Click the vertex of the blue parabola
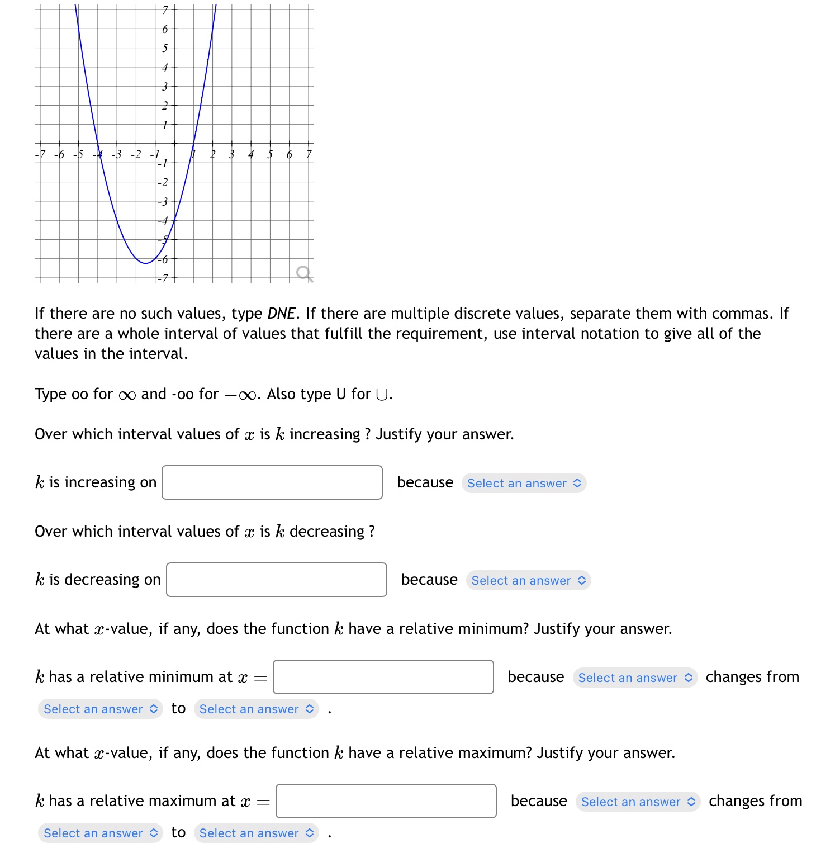point(145,263)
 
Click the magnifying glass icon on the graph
point(304,273)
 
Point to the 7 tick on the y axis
point(165,10)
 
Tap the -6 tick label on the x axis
point(59,154)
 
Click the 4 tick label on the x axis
point(251,154)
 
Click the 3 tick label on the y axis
point(165,87)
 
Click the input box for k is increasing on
point(272,482)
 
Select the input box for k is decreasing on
point(276,580)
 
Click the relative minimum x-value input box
point(383,677)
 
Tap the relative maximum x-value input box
point(386,801)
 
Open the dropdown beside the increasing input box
point(524,483)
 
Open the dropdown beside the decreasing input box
point(528,580)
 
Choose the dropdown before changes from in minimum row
point(635,678)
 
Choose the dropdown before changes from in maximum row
point(638,802)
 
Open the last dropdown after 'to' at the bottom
point(256,833)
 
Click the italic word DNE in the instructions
point(281,313)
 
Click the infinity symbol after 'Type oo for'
point(127,395)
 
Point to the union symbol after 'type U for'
point(382,395)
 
